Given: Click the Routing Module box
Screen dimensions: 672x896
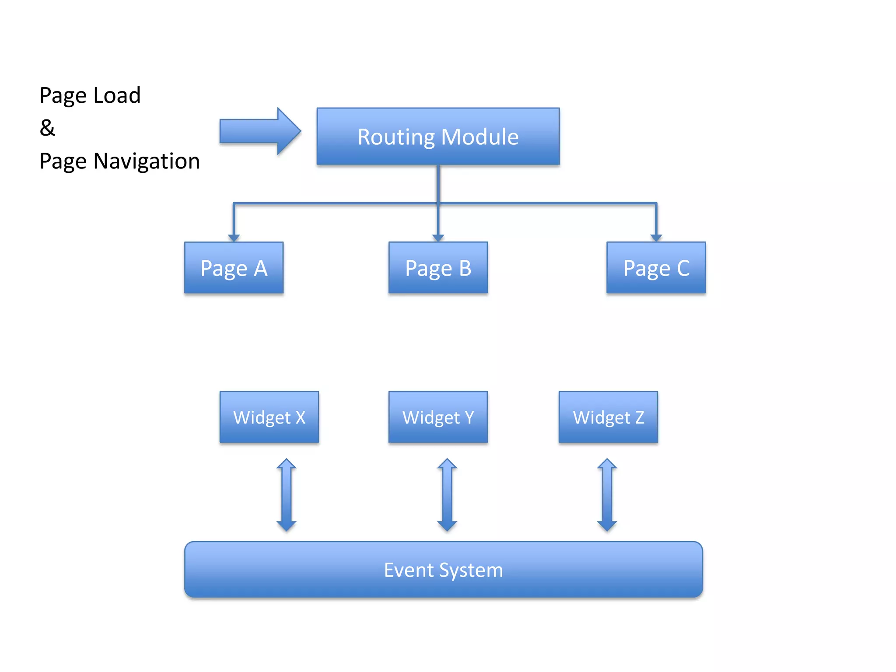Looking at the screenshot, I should point(438,136).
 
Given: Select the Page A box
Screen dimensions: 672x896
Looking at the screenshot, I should point(234,268).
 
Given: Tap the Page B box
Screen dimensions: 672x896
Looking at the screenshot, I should point(438,268).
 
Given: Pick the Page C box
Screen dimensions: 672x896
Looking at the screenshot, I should point(656,268).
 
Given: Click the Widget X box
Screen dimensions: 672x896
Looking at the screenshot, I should point(269,417).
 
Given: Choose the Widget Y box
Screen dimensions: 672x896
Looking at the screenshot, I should point(438,417).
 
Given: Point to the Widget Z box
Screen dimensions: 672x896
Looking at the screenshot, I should point(608,417).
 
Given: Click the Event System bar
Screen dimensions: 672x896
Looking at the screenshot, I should point(443,570).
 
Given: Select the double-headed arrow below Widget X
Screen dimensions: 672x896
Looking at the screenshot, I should point(287,494).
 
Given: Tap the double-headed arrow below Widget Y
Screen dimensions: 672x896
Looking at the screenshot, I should point(447,494).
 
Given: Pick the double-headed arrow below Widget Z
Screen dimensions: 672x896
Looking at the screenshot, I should point(607,494).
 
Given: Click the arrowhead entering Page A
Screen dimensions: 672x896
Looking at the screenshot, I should point(234,238).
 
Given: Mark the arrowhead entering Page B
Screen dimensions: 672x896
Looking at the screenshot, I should point(438,238).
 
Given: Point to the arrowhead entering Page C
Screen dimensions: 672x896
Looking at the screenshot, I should point(656,238).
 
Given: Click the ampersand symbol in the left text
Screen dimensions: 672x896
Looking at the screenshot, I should point(47,128).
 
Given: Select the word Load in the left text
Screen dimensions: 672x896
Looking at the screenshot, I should point(117,95).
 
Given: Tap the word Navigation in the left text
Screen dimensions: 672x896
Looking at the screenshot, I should point(147,161).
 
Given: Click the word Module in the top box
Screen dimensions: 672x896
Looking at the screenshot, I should point(480,137).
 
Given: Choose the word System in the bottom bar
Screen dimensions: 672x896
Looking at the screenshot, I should point(471,570).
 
